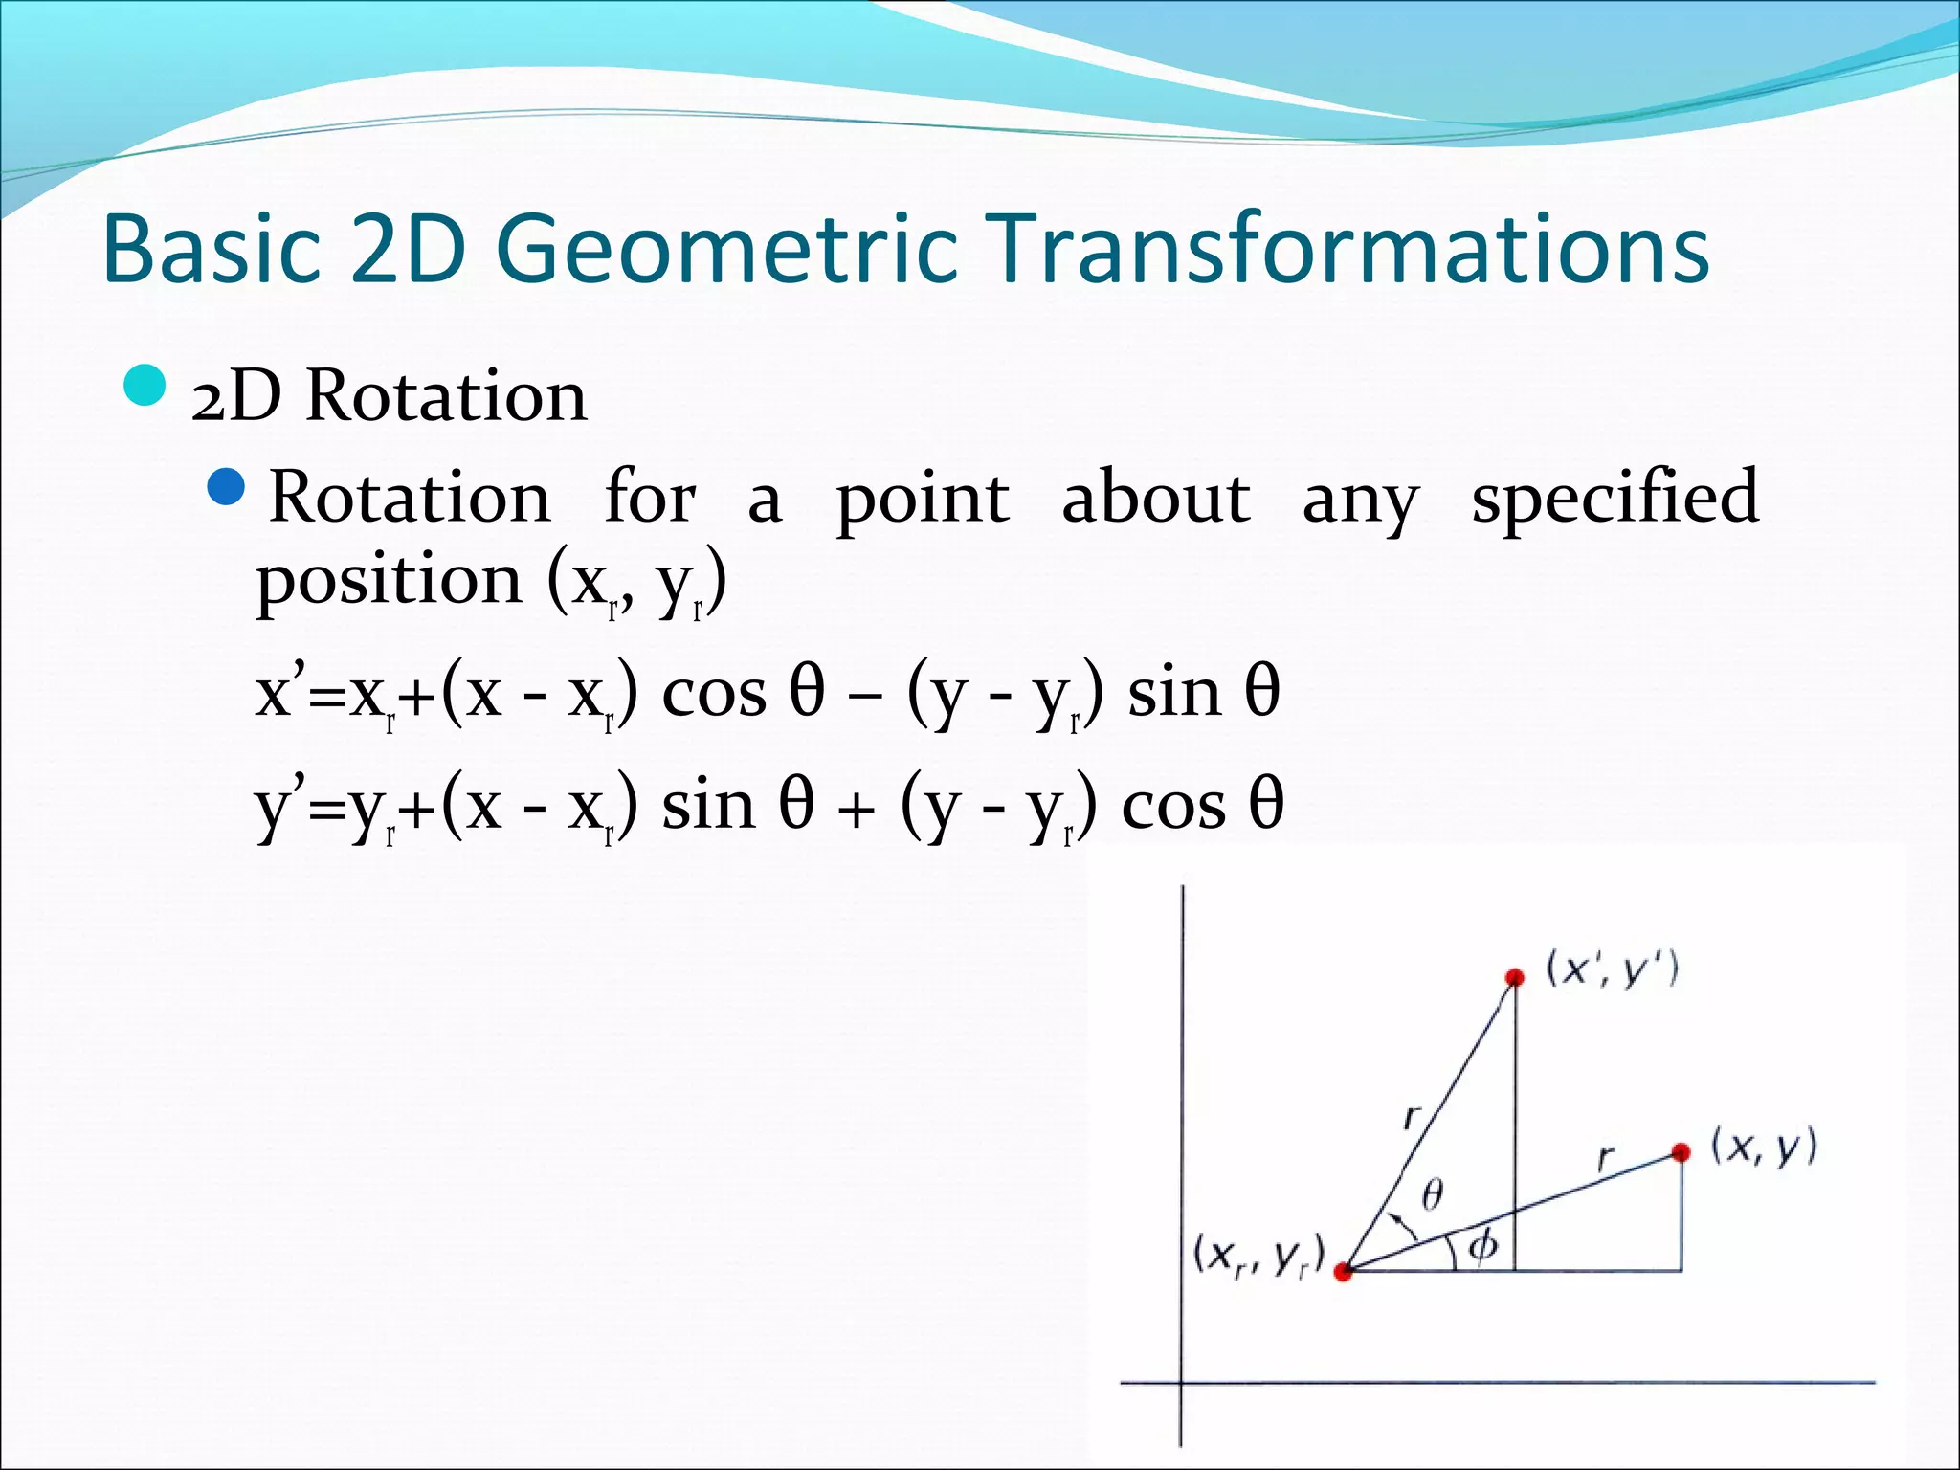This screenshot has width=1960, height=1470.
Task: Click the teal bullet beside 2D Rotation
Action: (x=145, y=387)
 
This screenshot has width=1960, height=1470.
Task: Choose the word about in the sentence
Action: (x=1155, y=498)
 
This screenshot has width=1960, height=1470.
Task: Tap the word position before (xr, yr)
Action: (x=388, y=580)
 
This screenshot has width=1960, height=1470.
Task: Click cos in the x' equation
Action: (x=714, y=693)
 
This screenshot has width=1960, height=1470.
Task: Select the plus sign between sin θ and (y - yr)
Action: (x=856, y=810)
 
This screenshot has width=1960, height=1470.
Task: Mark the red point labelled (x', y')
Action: (x=1514, y=977)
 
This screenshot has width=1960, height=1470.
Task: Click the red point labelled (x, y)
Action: (x=1682, y=1152)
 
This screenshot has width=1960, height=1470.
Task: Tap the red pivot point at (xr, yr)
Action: (x=1343, y=1272)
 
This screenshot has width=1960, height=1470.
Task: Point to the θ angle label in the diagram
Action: (x=1432, y=1194)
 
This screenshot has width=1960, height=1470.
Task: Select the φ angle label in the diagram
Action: (x=1482, y=1246)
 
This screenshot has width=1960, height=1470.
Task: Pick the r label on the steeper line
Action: (x=1412, y=1116)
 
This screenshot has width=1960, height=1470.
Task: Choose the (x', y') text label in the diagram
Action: (x=1613, y=969)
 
